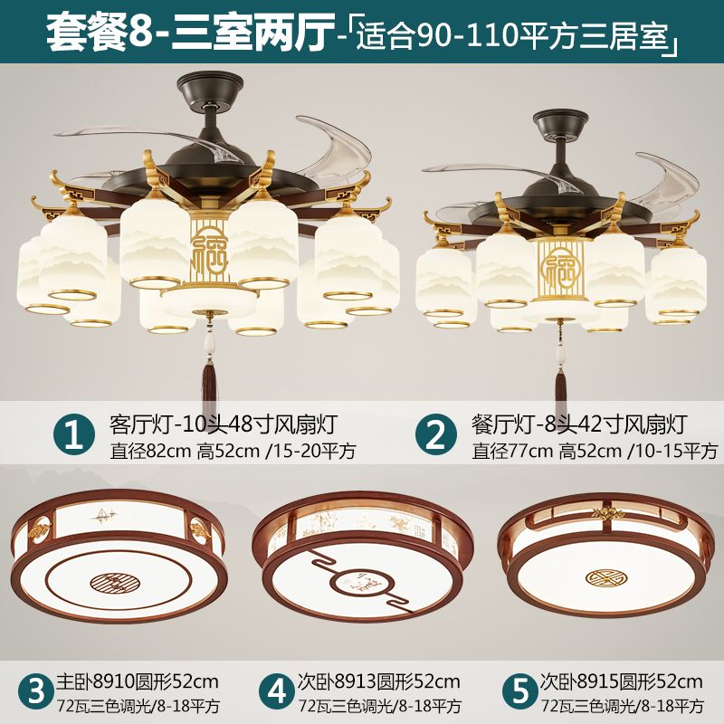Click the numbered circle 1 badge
click(x=74, y=435)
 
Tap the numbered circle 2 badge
click(x=435, y=435)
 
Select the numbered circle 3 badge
click(x=36, y=692)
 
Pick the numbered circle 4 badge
click(x=276, y=692)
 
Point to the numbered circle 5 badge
click(x=519, y=692)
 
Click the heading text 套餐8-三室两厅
click(x=191, y=33)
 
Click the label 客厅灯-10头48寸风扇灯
click(x=224, y=424)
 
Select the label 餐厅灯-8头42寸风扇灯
click(x=579, y=424)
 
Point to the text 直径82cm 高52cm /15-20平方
click(x=233, y=451)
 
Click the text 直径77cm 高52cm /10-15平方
click(x=595, y=451)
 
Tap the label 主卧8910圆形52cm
click(x=138, y=681)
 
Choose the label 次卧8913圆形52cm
click(x=379, y=681)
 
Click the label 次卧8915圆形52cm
click(x=622, y=681)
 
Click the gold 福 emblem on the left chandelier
click(x=209, y=250)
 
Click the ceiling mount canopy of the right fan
click(x=561, y=123)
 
